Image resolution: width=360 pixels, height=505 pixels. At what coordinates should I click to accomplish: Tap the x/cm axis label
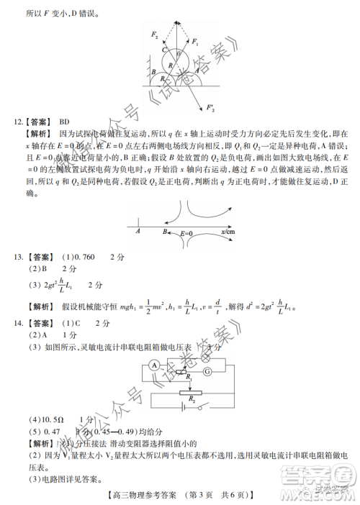point(228,232)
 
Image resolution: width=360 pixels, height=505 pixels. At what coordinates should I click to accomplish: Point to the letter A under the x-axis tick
point(138,232)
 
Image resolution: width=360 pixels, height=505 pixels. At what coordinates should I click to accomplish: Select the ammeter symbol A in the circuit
point(153,365)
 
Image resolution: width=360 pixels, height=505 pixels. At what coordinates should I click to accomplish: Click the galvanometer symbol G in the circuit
point(207,372)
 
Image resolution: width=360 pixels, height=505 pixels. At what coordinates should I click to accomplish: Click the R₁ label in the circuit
point(188,378)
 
